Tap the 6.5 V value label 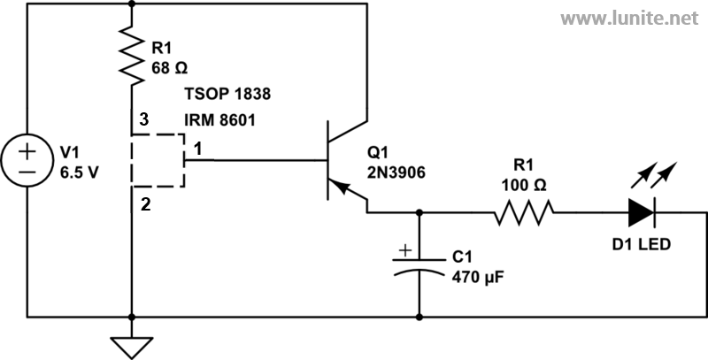79,172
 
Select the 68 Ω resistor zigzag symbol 132,55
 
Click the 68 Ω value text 169,68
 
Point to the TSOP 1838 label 227,94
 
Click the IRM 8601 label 219,120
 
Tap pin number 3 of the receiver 143,120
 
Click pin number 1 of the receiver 197,149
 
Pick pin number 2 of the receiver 145,205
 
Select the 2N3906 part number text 396,172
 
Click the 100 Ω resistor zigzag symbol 524,212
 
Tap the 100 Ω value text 524,185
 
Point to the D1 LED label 641,244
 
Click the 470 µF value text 477,276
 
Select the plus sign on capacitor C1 405,250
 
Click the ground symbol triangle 132,348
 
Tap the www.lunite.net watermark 630,18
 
